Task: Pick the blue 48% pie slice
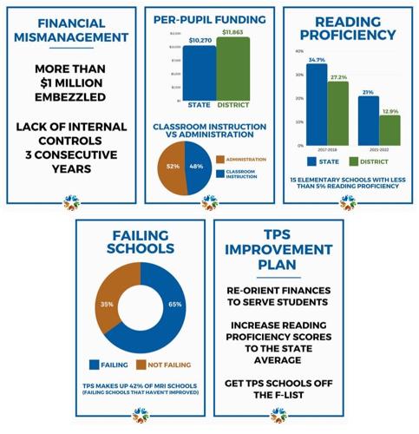[x=196, y=166]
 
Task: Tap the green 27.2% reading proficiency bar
[x=339, y=113]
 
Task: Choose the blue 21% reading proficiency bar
[x=368, y=121]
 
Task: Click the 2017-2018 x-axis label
[x=327, y=150]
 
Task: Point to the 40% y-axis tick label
[x=299, y=51]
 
